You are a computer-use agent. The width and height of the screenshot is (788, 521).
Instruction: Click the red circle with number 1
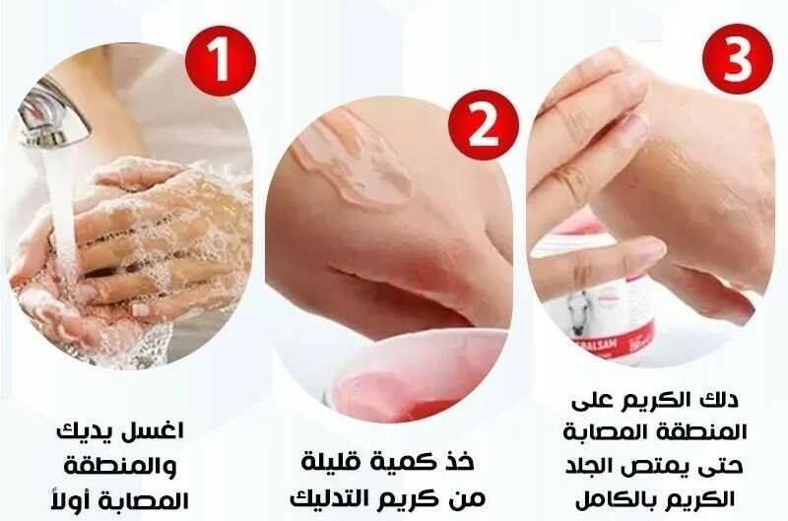[221, 61]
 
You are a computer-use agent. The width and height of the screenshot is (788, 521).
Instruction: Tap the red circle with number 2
[484, 125]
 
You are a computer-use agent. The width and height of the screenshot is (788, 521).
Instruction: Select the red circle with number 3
[738, 59]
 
